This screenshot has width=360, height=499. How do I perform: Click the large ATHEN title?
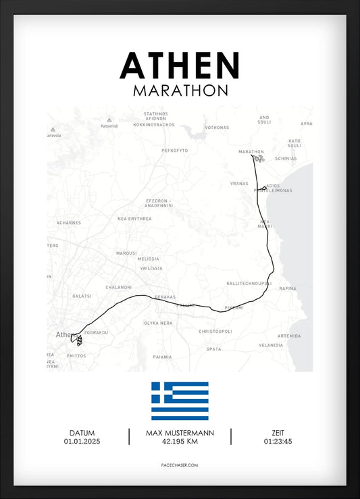(x=180, y=65)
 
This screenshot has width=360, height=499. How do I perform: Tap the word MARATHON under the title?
(x=180, y=90)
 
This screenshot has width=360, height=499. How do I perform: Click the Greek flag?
(x=180, y=401)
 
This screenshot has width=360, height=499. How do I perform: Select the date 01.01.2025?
(x=82, y=442)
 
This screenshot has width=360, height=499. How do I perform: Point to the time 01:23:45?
(x=278, y=442)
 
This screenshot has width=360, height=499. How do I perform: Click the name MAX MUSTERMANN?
(x=180, y=433)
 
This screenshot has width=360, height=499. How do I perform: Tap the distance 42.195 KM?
(x=180, y=442)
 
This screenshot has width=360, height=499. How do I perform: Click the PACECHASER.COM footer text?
(x=180, y=465)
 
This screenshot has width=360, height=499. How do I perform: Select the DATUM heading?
(x=82, y=433)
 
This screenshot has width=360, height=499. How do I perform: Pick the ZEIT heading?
(x=278, y=433)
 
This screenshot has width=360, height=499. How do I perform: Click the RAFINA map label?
(x=288, y=288)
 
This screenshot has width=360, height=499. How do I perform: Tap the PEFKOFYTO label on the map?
(x=174, y=150)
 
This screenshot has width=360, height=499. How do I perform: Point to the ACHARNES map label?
(x=68, y=222)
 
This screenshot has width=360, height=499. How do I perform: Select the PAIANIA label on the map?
(x=162, y=357)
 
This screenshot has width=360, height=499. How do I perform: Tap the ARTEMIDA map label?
(x=289, y=336)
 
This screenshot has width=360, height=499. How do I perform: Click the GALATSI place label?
(x=81, y=296)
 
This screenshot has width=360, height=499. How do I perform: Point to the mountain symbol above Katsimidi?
(x=109, y=120)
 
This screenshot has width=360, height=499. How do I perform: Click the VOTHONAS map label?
(x=217, y=127)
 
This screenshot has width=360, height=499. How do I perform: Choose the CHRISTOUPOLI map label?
(x=215, y=332)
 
